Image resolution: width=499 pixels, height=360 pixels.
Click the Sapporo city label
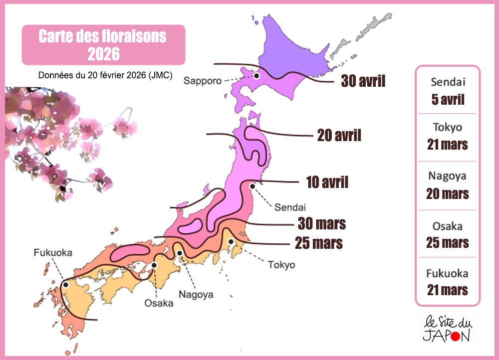coord(202,81)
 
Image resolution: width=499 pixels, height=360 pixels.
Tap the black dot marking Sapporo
coord(256,76)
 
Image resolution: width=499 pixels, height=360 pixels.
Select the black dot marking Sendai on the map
coord(252,186)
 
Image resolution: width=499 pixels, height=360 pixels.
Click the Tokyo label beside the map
coord(281,265)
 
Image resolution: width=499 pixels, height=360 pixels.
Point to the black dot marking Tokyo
coord(231,242)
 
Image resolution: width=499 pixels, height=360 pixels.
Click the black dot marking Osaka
coord(155,265)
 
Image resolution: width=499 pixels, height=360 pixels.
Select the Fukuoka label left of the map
coord(53,253)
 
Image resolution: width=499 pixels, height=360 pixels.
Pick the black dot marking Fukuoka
coord(65,284)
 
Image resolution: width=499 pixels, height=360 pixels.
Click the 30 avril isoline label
coord(363,81)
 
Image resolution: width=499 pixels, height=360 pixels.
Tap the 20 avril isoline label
coord(339,135)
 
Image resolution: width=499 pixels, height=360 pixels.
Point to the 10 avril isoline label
coord(327,182)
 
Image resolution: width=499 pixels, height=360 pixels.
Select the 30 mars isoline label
coord(322,223)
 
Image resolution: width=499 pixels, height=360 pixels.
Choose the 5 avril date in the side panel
coord(448,99)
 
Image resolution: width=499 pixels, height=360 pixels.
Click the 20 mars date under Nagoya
coord(448,193)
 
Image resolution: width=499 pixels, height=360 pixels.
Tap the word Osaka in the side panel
coord(448,226)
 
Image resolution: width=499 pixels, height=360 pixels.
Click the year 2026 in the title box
coord(103,53)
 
